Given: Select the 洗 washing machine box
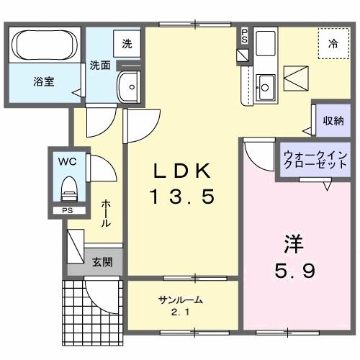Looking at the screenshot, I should [x=127, y=44].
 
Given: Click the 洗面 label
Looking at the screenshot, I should [x=100, y=65].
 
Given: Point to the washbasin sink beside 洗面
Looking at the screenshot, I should [x=131, y=86].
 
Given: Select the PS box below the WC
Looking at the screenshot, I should [x=67, y=212].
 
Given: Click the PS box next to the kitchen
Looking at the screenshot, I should [x=245, y=35].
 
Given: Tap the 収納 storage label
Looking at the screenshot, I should [x=332, y=121].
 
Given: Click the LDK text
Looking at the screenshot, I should [x=182, y=171].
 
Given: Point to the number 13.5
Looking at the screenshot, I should [x=182, y=196].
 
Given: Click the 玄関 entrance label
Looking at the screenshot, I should [x=102, y=261].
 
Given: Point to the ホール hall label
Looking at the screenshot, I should [x=106, y=214].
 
